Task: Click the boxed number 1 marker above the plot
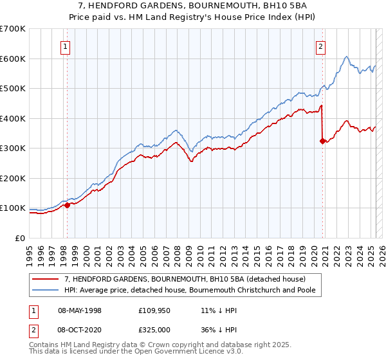click(66, 46)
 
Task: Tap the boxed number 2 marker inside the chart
click(320, 46)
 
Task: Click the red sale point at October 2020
click(322, 141)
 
